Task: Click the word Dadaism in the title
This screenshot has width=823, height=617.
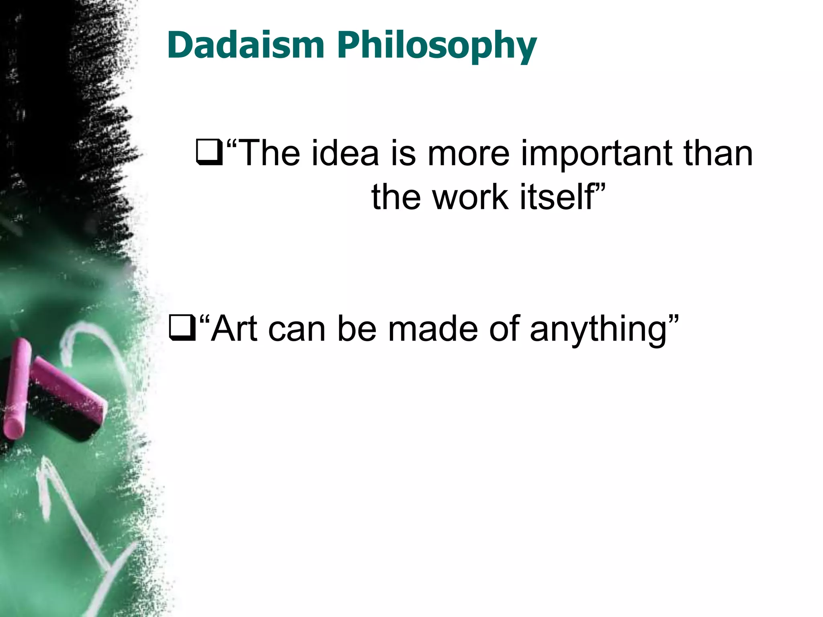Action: (246, 45)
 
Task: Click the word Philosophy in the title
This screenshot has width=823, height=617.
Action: (437, 47)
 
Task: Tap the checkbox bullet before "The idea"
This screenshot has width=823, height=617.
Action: (209, 153)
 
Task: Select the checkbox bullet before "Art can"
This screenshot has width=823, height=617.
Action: (182, 329)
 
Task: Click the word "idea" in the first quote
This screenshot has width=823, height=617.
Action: (345, 153)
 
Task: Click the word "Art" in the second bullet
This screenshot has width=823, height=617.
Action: (234, 329)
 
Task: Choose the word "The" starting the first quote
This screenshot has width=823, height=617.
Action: (270, 153)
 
